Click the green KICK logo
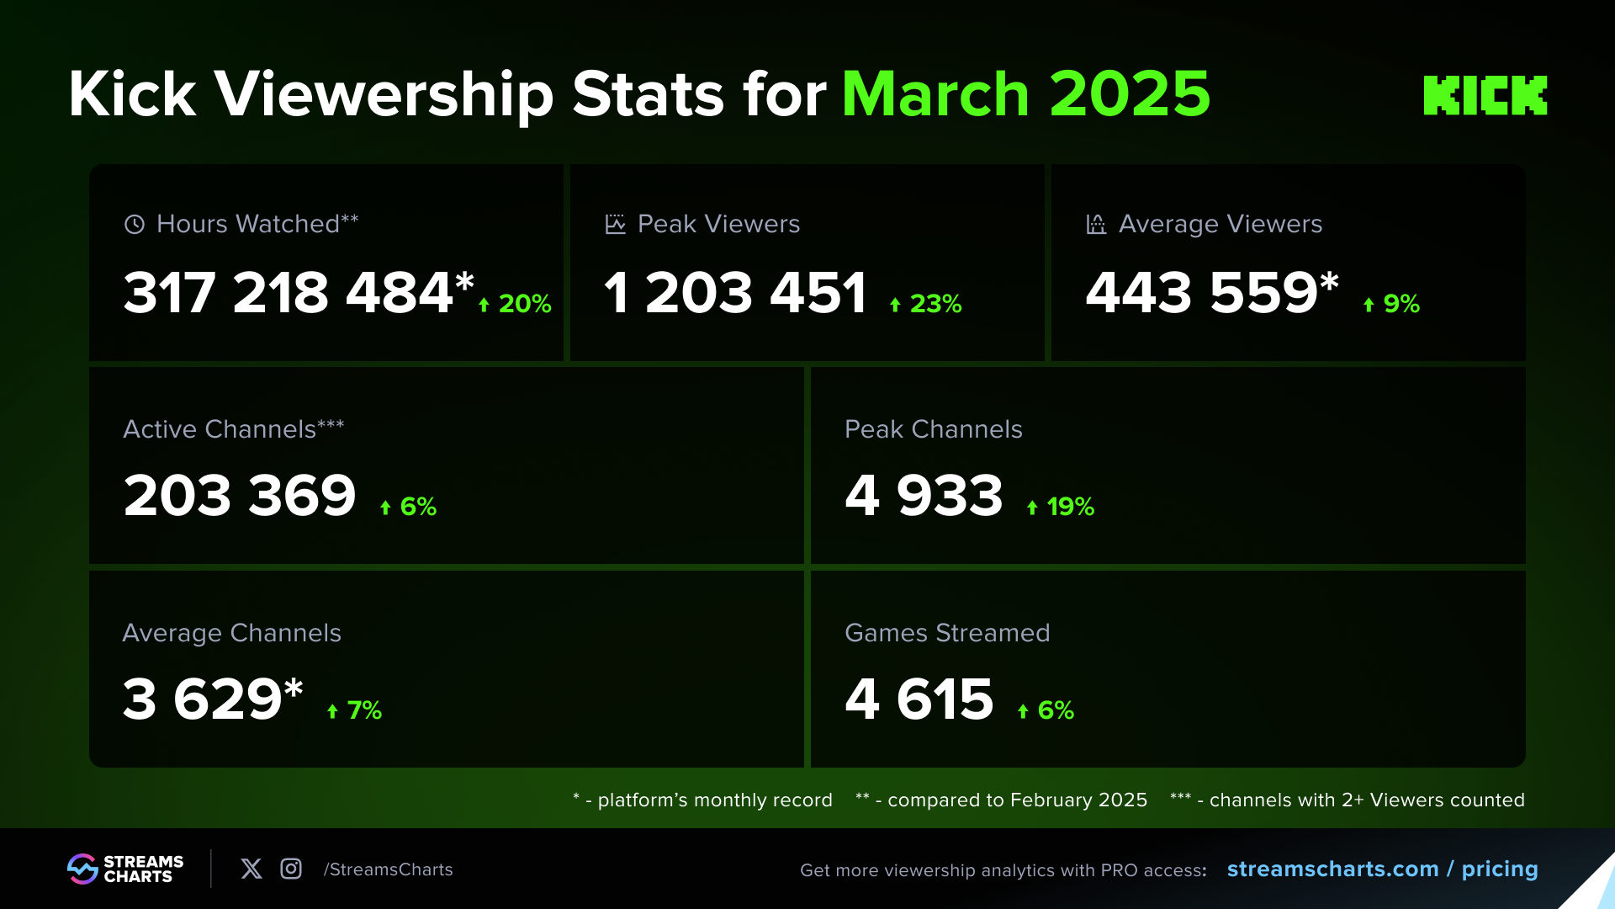click(1485, 95)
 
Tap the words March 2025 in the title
click(1025, 93)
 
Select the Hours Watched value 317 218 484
click(289, 293)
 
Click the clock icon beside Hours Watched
click(135, 224)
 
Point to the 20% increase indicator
click(515, 303)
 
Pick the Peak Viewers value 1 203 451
click(735, 293)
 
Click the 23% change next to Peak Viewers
click(926, 303)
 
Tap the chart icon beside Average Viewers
click(1096, 224)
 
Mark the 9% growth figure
click(1392, 303)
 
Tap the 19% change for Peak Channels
click(1061, 506)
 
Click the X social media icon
click(252, 869)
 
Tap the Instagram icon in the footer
click(291, 869)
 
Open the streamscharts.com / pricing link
click(1382, 869)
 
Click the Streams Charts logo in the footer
click(125, 869)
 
